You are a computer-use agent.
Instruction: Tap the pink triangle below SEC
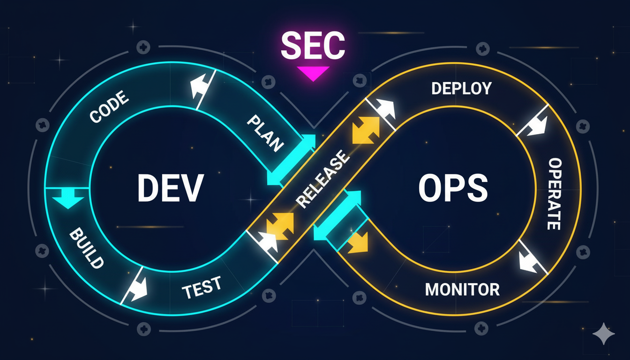(313, 73)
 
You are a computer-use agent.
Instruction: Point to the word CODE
(109, 107)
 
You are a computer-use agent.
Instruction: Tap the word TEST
(202, 287)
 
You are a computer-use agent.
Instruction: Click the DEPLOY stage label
(461, 88)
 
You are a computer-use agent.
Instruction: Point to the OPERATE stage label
(554, 194)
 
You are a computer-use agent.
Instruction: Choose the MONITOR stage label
(462, 289)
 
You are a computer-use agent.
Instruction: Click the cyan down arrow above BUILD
(67, 201)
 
